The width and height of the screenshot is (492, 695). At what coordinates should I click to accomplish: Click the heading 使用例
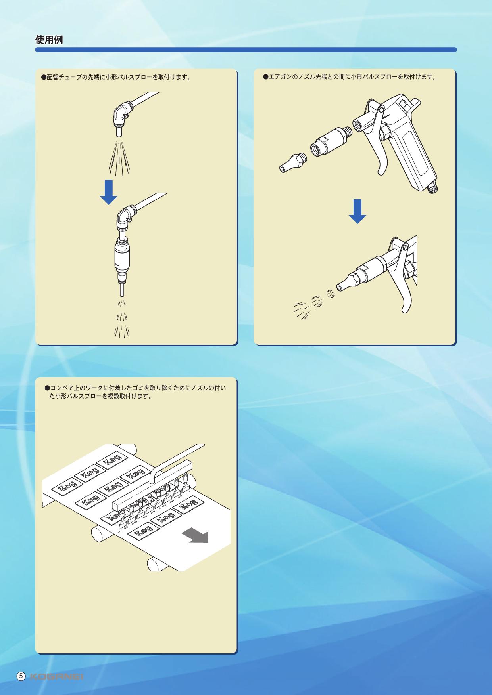49,40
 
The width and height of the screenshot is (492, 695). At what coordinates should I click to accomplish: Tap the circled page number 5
21,676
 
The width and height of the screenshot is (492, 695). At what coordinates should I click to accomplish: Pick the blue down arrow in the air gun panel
357,211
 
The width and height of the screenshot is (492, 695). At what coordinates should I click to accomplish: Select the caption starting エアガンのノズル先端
350,77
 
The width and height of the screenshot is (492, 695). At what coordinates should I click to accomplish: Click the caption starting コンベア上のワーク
135,391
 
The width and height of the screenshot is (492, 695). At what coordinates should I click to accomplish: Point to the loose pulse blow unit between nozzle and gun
329,141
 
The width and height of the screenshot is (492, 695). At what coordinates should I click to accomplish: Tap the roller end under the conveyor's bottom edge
153,564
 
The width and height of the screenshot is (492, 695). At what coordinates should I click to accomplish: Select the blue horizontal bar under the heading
246,50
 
